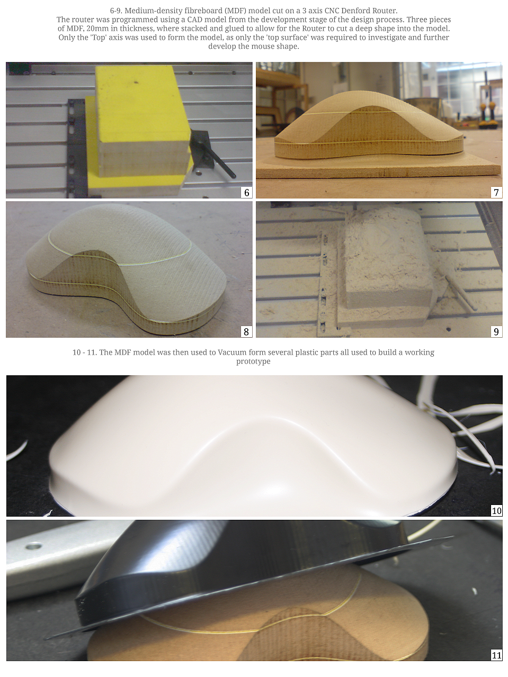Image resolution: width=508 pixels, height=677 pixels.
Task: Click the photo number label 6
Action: (x=246, y=193)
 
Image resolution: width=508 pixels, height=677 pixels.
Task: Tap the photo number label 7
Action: (x=496, y=193)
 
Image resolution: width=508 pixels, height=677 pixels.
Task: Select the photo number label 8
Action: (x=246, y=331)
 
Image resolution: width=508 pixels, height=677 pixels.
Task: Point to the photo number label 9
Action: (x=496, y=331)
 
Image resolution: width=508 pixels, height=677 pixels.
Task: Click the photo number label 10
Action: (x=496, y=511)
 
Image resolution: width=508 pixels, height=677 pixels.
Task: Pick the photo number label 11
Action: (x=496, y=655)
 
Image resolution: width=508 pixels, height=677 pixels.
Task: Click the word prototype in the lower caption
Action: (x=253, y=362)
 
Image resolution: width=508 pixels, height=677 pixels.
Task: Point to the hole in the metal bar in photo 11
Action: (x=34, y=547)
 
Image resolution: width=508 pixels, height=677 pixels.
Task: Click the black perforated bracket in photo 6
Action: (x=76, y=148)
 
